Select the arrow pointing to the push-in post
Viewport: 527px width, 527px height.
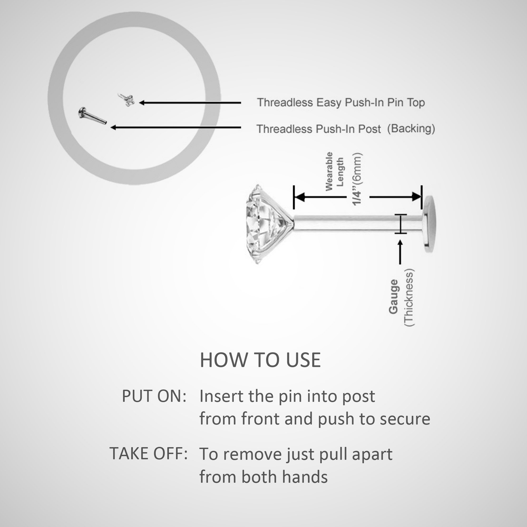176,127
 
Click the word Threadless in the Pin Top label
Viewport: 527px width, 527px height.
285,103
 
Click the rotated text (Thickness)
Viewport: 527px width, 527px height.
409,297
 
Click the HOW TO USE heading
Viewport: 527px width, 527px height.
260,360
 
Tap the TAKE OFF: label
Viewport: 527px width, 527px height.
149,453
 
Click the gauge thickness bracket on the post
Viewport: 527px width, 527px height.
401,224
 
